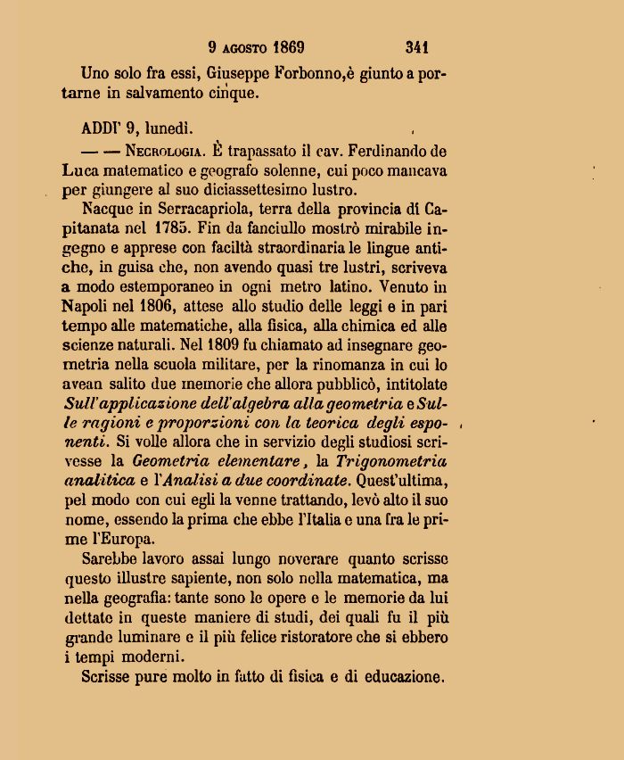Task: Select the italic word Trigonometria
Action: tap(390, 461)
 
